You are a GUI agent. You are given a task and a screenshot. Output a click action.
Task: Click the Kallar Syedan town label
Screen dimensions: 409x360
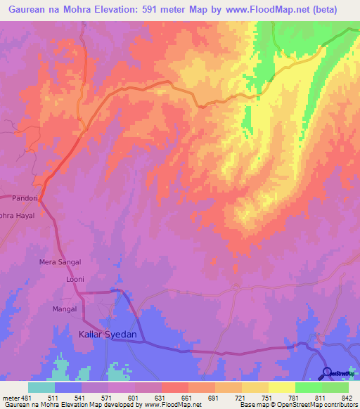[x=103, y=335]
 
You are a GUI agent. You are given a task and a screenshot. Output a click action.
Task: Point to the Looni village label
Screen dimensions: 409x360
[x=75, y=279]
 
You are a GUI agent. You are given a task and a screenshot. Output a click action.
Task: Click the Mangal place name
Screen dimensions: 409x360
[x=64, y=308]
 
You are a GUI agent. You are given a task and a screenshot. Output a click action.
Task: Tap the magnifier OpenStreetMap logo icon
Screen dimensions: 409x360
[x=328, y=373]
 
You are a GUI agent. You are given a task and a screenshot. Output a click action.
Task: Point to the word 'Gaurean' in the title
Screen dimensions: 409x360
[x=29, y=9]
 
